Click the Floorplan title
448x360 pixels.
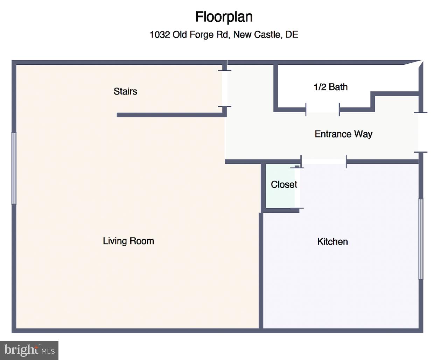click(x=224, y=17)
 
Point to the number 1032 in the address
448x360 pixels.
click(x=160, y=35)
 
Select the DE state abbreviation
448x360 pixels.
click(x=292, y=35)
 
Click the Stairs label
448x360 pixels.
click(x=125, y=91)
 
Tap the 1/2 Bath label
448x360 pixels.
click(x=331, y=87)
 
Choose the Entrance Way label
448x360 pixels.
click(x=343, y=134)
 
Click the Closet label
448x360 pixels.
click(x=284, y=185)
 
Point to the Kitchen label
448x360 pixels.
click(x=332, y=242)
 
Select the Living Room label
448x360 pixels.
click(x=128, y=241)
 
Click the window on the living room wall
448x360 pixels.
click(x=14, y=168)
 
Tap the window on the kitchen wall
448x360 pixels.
click(x=421, y=239)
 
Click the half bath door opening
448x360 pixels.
click(x=322, y=110)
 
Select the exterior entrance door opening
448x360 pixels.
click(x=421, y=132)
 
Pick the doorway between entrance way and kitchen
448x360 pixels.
click(x=323, y=162)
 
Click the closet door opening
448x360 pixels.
click(x=297, y=188)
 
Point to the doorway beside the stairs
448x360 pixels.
click(x=225, y=89)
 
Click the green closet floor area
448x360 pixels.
click(x=280, y=186)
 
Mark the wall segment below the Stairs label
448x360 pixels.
click(x=171, y=115)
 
